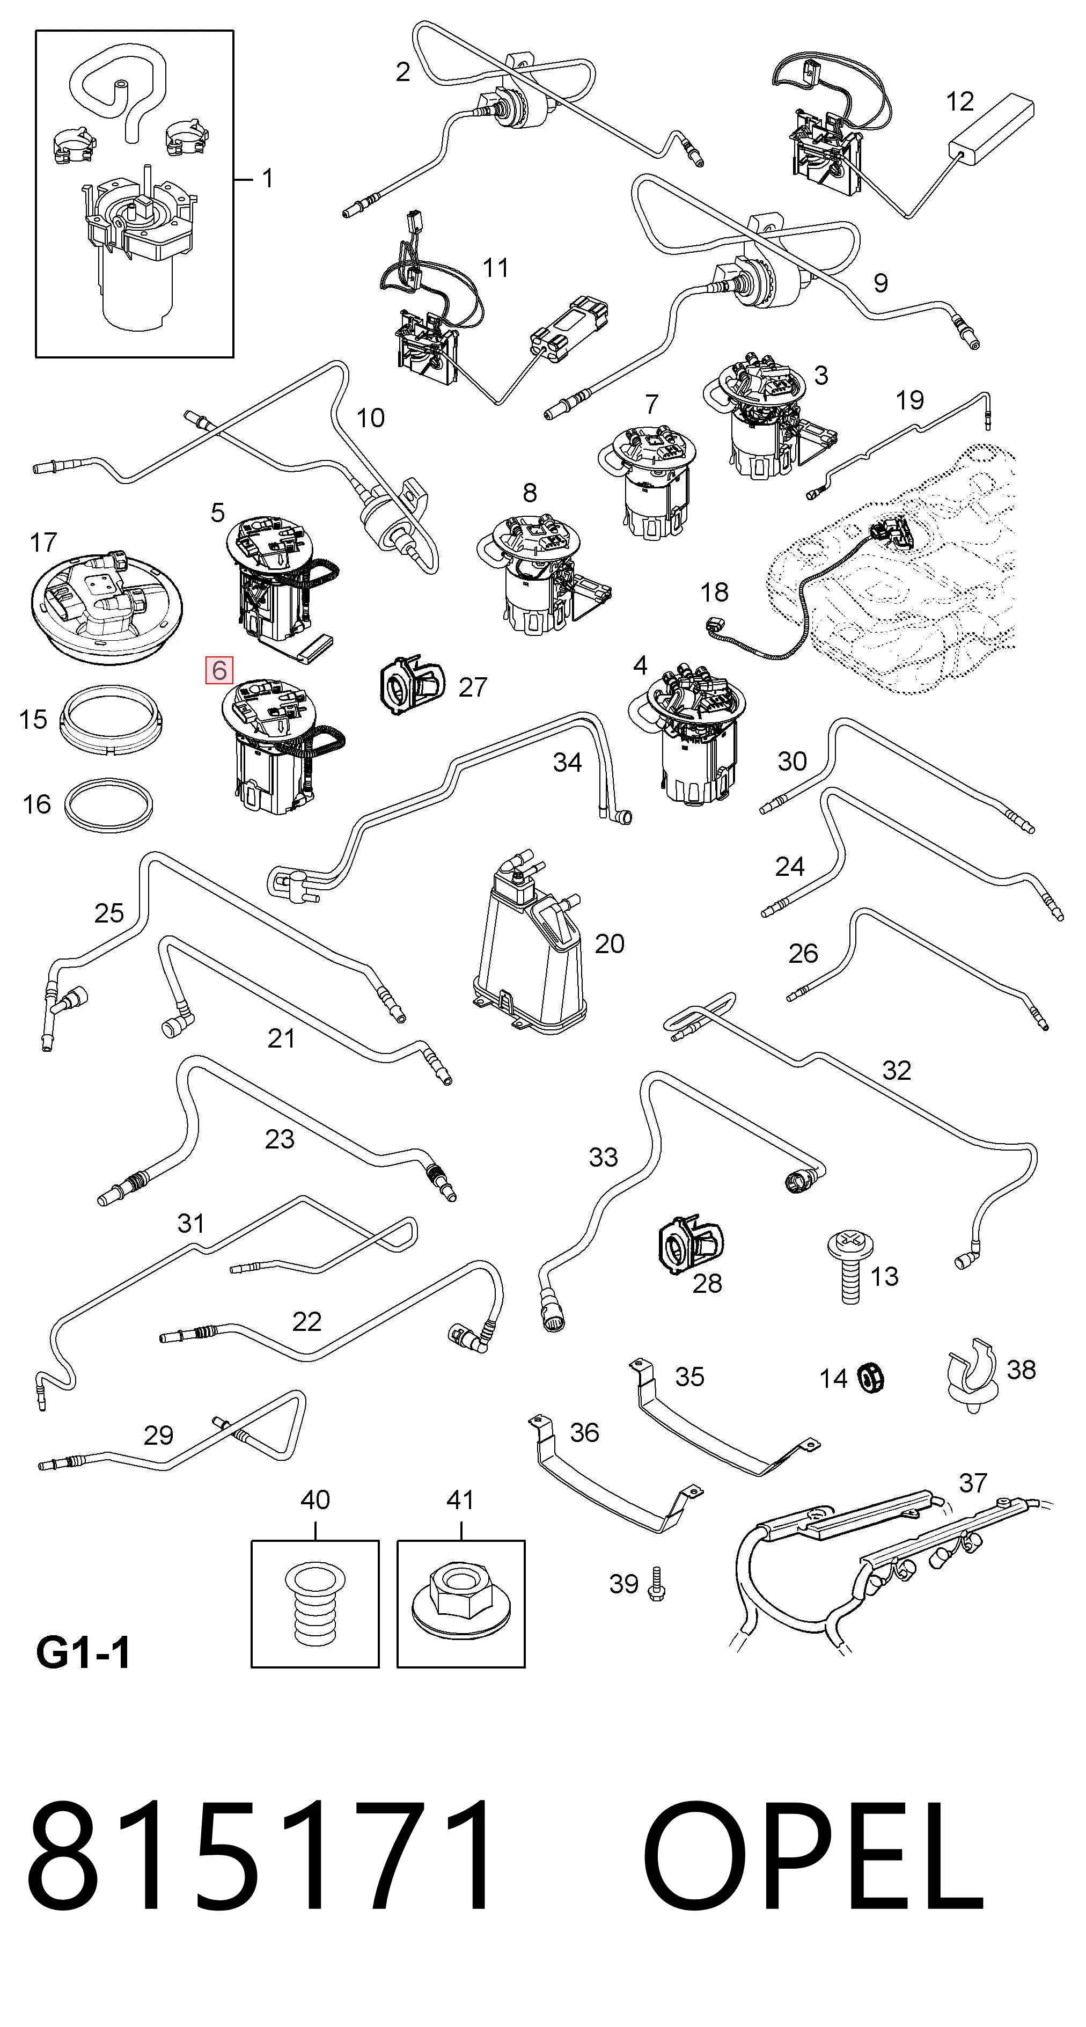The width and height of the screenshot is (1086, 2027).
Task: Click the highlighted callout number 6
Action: point(219,670)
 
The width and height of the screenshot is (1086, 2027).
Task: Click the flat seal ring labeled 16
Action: point(108,803)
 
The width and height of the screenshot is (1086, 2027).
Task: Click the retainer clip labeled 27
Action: point(411,685)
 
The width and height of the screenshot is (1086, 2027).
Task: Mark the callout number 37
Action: point(973,1482)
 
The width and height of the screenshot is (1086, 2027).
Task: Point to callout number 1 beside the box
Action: point(268,179)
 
